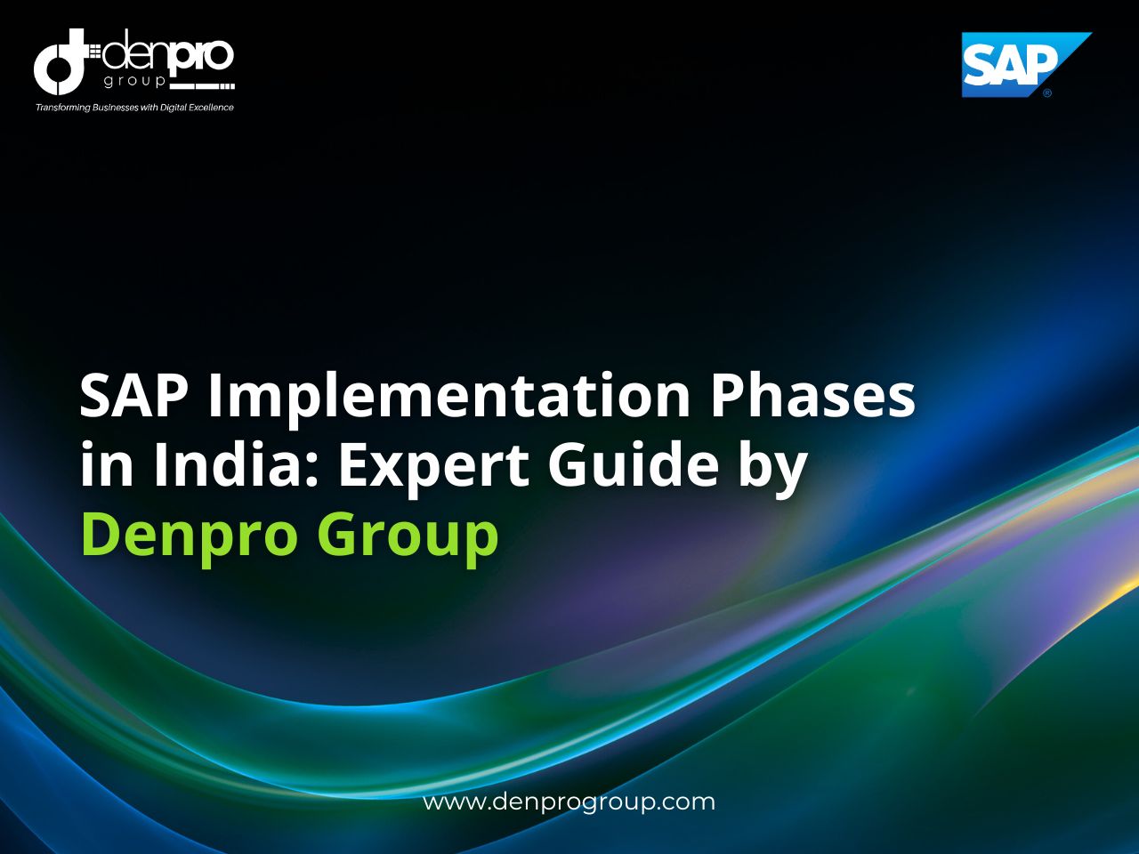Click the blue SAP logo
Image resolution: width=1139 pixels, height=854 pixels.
coord(1014,63)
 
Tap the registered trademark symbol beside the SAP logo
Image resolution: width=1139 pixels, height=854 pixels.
coord(1047,93)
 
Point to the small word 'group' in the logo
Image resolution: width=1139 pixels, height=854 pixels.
coord(134,81)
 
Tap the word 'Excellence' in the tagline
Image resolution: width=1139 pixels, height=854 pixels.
coord(210,108)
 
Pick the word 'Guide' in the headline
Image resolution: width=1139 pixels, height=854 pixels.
coord(633,464)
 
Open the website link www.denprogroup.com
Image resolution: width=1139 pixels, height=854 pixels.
coord(569,802)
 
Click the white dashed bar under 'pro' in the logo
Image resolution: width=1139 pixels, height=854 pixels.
coord(201,87)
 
